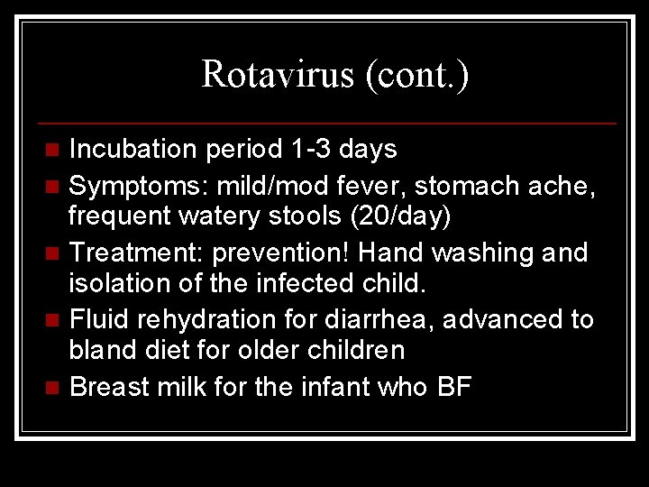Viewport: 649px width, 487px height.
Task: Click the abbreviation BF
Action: coord(454,388)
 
